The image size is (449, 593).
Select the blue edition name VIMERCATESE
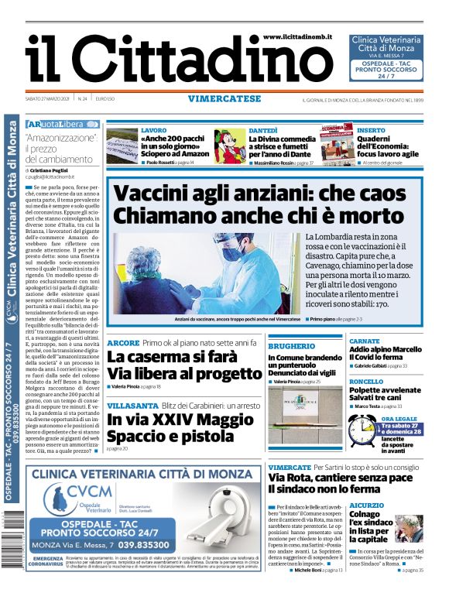click(224, 98)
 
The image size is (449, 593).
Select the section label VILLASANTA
click(131, 405)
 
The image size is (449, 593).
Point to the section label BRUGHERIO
click(292, 346)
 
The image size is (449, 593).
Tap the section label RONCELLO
click(366, 382)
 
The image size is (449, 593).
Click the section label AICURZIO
click(366, 505)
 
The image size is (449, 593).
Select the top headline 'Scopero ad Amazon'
click(175, 154)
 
